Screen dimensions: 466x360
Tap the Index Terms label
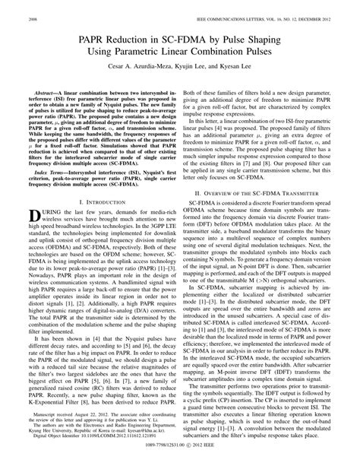point(38,173)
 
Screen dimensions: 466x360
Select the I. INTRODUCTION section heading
point(91,203)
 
